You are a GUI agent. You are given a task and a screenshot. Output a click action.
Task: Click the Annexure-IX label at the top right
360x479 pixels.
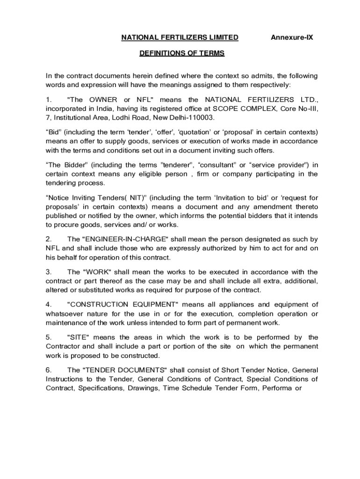[x=292, y=37]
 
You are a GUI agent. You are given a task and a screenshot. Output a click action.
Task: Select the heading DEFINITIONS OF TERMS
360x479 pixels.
[x=182, y=53]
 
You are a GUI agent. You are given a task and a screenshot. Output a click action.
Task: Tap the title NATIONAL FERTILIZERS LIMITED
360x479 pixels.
[x=180, y=37]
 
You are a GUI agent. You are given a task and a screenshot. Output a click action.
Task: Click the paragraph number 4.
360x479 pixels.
[x=48, y=305]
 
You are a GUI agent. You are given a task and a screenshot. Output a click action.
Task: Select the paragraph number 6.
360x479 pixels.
[x=48, y=370]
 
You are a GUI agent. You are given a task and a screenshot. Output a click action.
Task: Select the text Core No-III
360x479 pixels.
[x=299, y=109]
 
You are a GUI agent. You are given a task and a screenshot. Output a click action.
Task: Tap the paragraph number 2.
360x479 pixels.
[x=48, y=239]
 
